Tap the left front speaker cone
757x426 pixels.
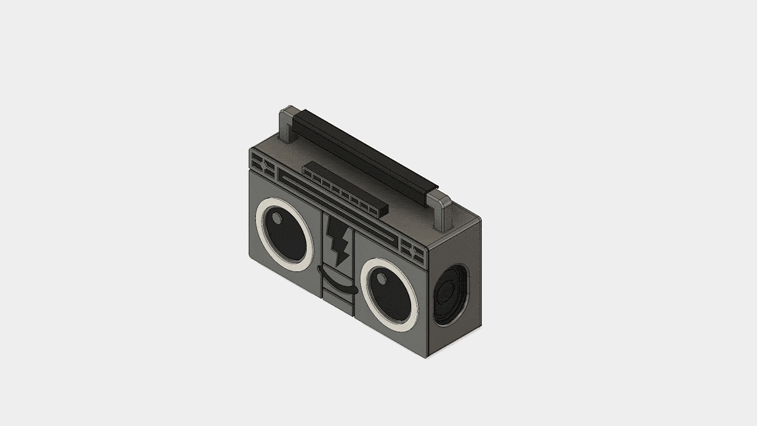point(286,234)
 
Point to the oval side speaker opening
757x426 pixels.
point(452,295)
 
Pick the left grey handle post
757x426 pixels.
point(287,125)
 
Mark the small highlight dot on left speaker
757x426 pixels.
point(277,218)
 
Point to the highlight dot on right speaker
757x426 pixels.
point(382,279)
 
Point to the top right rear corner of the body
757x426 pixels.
point(480,221)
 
